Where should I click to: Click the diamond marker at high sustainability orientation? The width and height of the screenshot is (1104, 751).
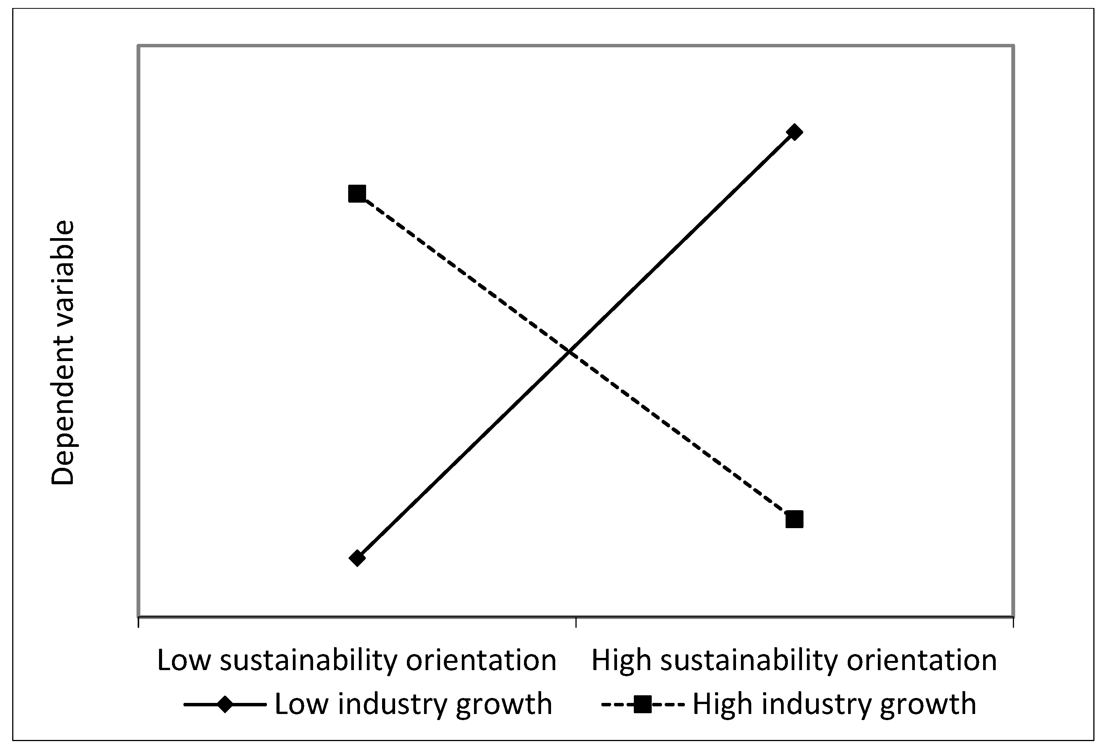pos(794,132)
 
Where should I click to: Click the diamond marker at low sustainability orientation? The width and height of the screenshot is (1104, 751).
pos(357,558)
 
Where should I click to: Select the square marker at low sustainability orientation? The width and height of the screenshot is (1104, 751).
pos(357,193)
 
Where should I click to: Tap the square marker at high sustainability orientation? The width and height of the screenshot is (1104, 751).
pos(794,519)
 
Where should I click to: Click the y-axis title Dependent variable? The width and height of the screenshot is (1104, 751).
pos(63,352)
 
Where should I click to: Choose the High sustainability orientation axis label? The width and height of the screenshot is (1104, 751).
pos(794,661)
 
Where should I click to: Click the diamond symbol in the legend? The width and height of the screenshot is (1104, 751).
pos(225,704)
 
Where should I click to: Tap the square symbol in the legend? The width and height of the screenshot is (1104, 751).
pos(642,704)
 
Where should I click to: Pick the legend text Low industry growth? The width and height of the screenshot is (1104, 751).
pos(413,704)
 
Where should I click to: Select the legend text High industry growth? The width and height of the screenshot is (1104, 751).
pos(834,704)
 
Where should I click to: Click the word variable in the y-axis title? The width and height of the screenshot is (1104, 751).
pos(63,285)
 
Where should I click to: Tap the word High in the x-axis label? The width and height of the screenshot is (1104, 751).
pos(621,661)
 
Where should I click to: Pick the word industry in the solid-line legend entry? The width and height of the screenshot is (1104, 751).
pos(392,704)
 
